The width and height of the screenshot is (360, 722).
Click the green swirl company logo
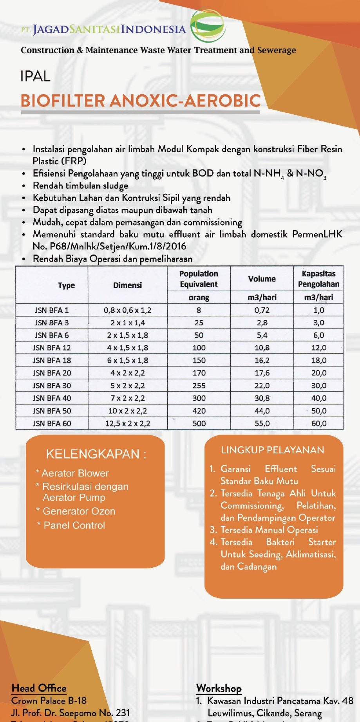(x=208, y=26)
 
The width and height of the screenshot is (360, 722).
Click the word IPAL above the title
(x=35, y=76)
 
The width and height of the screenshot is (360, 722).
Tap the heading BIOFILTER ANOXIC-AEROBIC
(x=141, y=101)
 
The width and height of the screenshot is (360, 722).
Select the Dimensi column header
(x=127, y=285)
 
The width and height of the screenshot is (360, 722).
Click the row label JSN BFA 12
(x=52, y=348)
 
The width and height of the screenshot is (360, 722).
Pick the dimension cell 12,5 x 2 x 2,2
(x=128, y=423)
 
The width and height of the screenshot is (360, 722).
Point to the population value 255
(x=199, y=386)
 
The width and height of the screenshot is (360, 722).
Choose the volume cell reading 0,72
(x=262, y=310)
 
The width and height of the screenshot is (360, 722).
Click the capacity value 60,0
(x=319, y=423)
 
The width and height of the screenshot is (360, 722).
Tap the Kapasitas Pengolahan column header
(x=318, y=279)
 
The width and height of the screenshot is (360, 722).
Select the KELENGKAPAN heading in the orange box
(x=96, y=454)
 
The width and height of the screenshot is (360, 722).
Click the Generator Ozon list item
(x=79, y=511)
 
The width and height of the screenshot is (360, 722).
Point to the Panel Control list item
(x=74, y=525)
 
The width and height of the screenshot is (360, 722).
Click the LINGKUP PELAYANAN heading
(x=273, y=450)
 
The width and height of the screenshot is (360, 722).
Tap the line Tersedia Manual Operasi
(x=269, y=530)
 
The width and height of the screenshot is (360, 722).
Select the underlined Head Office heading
(x=39, y=688)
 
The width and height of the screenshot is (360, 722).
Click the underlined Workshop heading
(x=219, y=688)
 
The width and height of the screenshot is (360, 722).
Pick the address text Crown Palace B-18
(x=49, y=700)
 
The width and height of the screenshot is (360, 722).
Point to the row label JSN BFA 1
(x=52, y=310)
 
